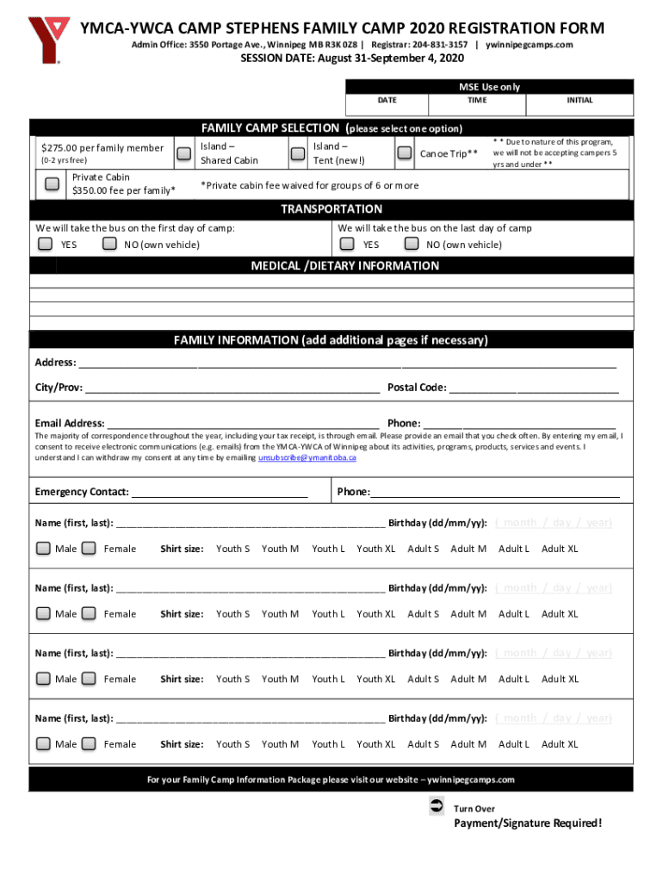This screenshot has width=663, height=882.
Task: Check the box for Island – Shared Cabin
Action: pyautogui.click(x=183, y=153)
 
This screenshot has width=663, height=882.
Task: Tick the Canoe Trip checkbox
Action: pyautogui.click(x=404, y=153)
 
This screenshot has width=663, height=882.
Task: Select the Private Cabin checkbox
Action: pyautogui.click(x=53, y=183)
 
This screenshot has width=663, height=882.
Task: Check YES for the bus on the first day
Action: pyautogui.click(x=45, y=245)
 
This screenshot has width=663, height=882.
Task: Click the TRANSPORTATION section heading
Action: pyautogui.click(x=331, y=209)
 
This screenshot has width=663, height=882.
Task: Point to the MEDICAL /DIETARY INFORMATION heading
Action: pyautogui.click(x=344, y=266)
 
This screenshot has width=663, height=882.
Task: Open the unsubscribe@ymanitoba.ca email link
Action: pyautogui.click(x=307, y=457)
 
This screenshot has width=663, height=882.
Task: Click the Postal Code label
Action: pyautogui.click(x=417, y=388)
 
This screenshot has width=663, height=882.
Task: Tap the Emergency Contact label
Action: pyautogui.click(x=82, y=492)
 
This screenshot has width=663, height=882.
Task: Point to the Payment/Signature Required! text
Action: pyautogui.click(x=528, y=823)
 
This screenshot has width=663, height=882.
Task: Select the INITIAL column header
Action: pyautogui.click(x=579, y=101)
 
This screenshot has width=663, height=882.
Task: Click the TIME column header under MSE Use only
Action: pyautogui.click(x=477, y=101)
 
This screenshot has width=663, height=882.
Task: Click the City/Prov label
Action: pyautogui.click(x=59, y=388)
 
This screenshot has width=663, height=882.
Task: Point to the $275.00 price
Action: pyautogui.click(x=65, y=147)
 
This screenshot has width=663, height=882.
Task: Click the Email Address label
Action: pyautogui.click(x=70, y=424)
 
